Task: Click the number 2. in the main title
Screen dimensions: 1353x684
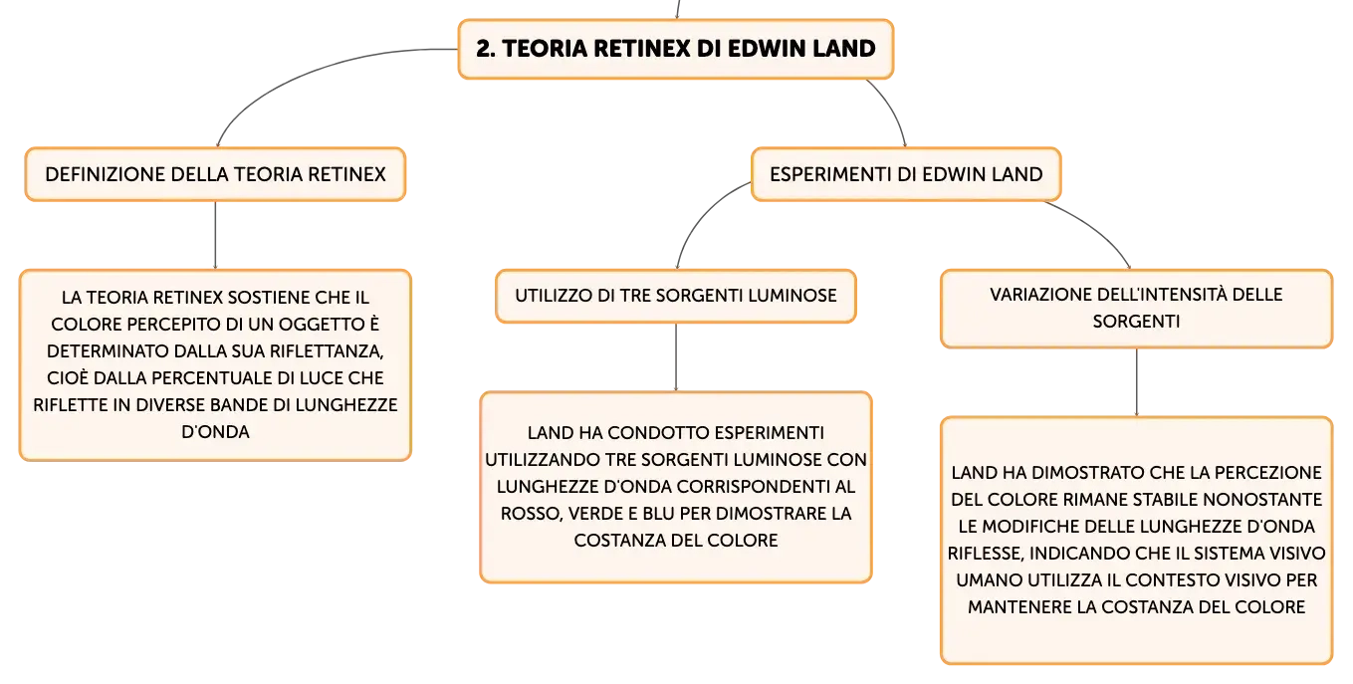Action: (x=486, y=49)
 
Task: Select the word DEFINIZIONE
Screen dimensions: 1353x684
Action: (x=106, y=174)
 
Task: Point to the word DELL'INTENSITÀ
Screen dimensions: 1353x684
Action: (x=1163, y=295)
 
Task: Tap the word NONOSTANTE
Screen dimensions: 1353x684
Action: (x=1262, y=500)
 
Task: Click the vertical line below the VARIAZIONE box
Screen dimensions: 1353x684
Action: (x=1136, y=382)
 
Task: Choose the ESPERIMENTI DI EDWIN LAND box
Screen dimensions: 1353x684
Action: (x=906, y=174)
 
